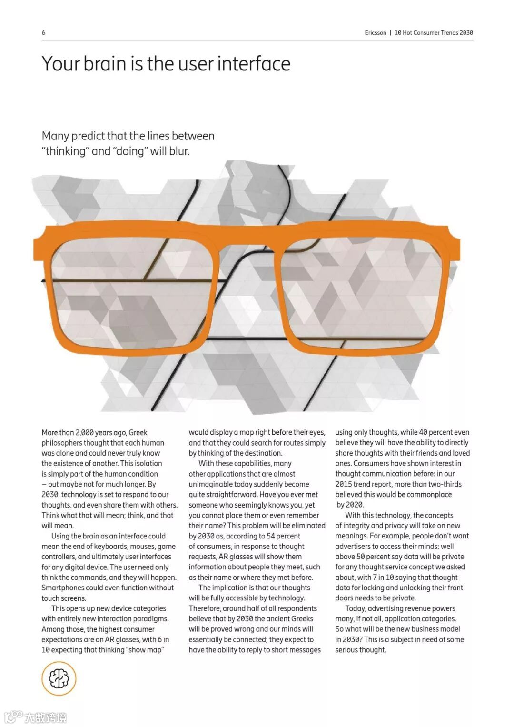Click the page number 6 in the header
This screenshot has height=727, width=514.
pos(44,33)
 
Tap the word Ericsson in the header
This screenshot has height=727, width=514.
pos(375,33)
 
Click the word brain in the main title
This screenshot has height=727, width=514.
pos(106,64)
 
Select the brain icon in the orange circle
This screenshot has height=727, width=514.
pos(59,678)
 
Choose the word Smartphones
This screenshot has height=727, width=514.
pos(62,588)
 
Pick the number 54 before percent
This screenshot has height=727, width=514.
pos(271,536)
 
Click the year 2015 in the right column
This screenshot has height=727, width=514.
pos(344,484)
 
